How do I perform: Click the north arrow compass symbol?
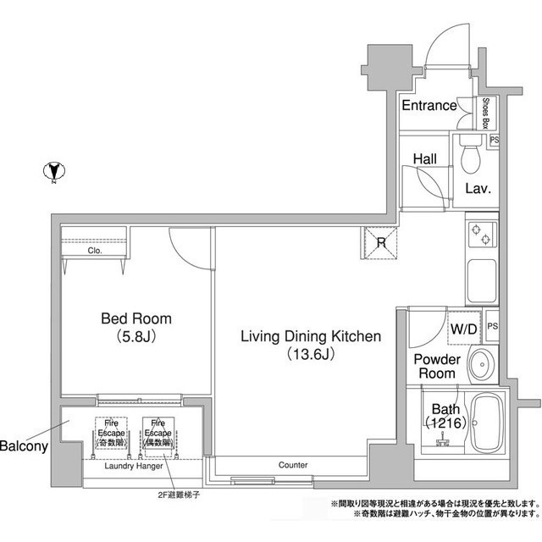53,172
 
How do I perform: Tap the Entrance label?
429,106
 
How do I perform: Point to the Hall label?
424,158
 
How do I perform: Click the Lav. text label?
478,188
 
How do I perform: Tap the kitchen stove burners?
479,233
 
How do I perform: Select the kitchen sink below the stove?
479,279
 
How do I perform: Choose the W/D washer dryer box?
463,327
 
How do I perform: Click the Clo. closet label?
94,252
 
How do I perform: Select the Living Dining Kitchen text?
311,336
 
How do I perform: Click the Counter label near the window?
292,465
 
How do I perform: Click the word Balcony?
24,445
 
